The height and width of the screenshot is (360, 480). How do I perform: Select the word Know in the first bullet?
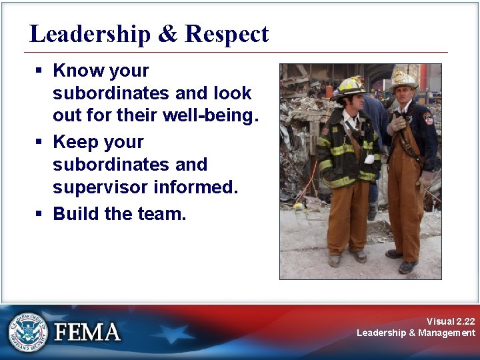[74, 71]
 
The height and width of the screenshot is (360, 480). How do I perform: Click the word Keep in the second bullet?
[73, 142]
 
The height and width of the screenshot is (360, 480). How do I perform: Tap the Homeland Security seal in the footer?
[28, 331]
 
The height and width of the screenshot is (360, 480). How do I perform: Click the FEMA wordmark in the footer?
[87, 332]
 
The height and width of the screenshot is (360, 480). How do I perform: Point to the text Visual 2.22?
[451, 321]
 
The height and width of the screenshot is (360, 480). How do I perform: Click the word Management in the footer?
[447, 333]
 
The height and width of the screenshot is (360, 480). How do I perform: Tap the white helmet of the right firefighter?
[403, 79]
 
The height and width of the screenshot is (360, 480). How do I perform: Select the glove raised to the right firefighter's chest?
[398, 123]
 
